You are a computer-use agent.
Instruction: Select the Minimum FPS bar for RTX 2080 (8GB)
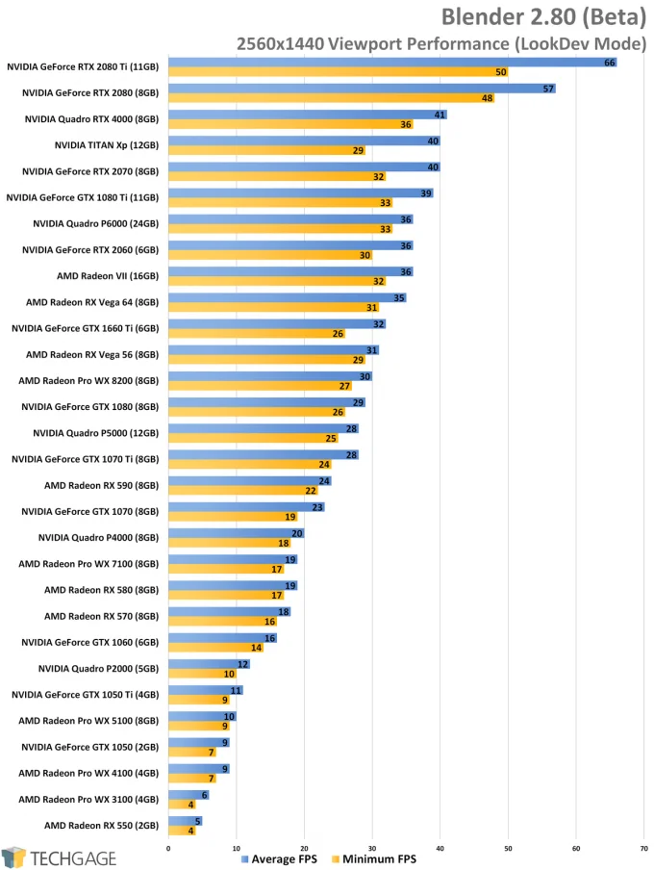[330, 98]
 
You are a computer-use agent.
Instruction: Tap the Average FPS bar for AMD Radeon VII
[289, 272]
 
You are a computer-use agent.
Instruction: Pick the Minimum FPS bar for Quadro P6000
[279, 229]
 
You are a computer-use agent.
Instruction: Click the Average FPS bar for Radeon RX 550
[185, 820]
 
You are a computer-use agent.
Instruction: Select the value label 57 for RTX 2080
[548, 89]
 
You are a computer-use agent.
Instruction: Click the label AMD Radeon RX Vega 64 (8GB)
[92, 301]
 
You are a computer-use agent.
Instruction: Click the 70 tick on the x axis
[643, 848]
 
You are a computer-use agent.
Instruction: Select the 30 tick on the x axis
[372, 848]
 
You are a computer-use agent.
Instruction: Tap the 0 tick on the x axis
[168, 848]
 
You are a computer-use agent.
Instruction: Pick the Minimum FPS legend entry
[373, 858]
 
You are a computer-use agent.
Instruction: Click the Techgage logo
[59, 857]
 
